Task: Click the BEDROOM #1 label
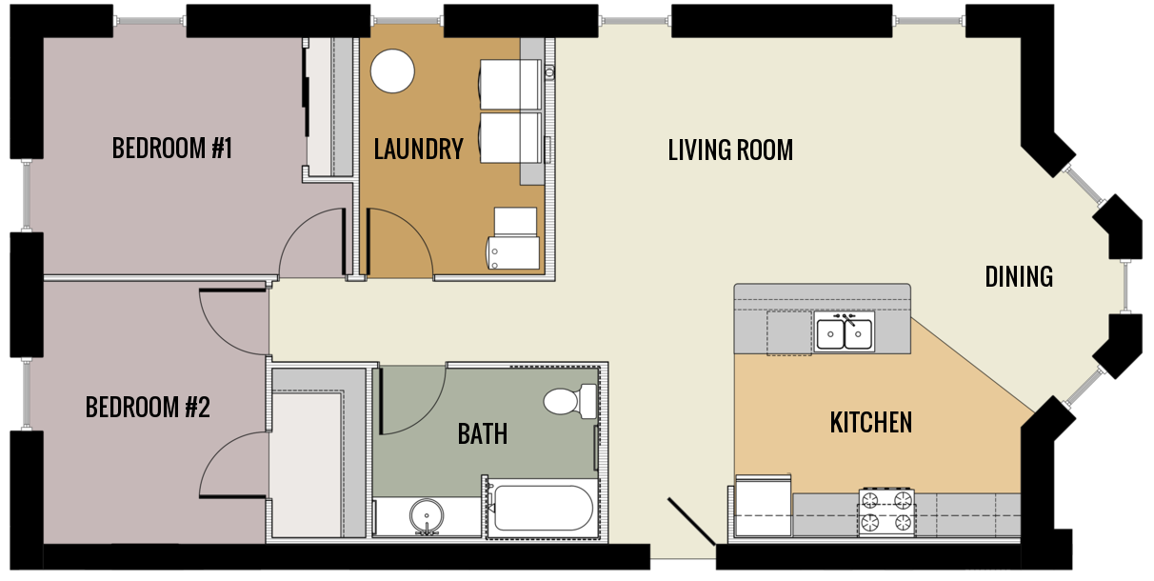[172, 149]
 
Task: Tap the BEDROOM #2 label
[148, 408]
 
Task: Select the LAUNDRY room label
[418, 150]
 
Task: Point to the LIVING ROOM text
[730, 150]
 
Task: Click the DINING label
[1019, 276]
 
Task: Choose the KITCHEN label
[871, 422]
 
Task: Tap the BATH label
[483, 434]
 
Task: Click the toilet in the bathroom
[568, 400]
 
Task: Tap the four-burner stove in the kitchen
[886, 511]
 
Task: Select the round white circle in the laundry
[392, 71]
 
